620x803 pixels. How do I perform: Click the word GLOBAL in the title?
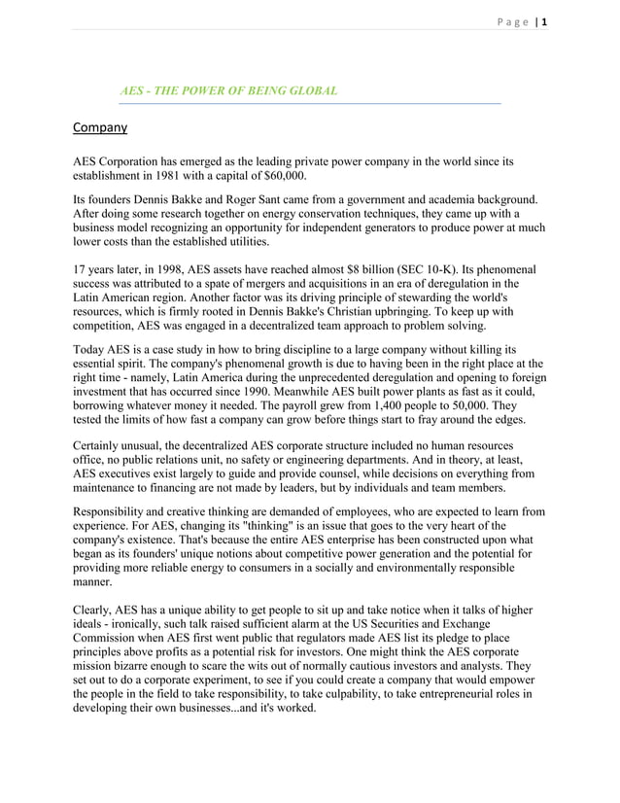pyautogui.click(x=310, y=90)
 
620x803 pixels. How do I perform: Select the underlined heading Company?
pyautogui.click(x=101, y=126)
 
